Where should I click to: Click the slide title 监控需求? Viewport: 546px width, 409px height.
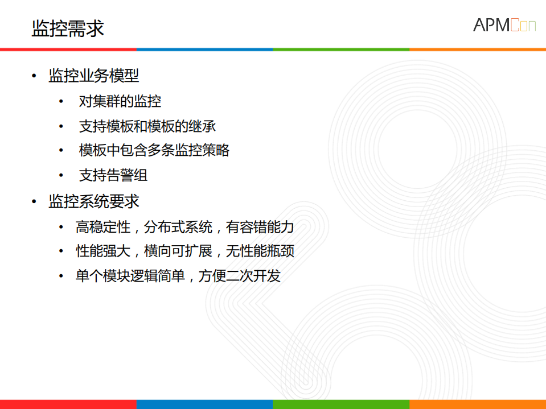tap(68, 28)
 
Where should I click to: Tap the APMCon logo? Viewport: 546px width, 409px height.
tap(504, 26)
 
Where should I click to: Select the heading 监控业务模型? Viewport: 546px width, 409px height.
tap(94, 76)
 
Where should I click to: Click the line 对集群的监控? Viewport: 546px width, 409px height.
tap(120, 101)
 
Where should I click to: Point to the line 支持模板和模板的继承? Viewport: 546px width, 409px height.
tap(147, 126)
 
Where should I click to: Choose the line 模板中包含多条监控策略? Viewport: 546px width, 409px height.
tap(154, 151)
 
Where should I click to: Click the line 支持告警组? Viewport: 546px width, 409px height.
tap(113, 175)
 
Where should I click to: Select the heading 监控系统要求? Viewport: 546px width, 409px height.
tap(94, 201)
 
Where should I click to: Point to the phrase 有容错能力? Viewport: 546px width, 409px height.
tap(260, 228)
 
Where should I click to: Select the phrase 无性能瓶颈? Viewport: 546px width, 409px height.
tap(260, 251)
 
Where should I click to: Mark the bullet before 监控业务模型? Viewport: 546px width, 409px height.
tap(35, 76)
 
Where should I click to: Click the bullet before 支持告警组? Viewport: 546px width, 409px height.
tap(61, 176)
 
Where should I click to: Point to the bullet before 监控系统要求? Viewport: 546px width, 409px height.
tap(35, 202)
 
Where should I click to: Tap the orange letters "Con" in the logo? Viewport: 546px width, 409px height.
tap(523, 26)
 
